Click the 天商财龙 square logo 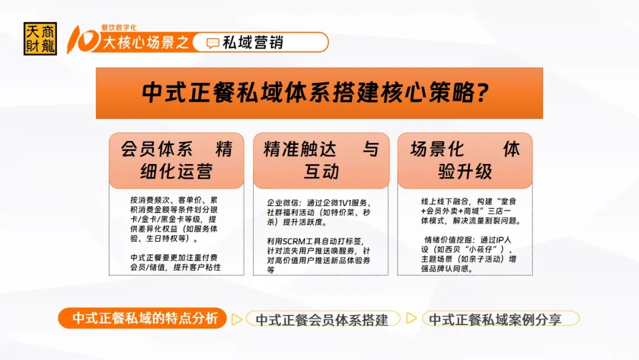[40, 38]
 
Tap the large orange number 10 [83, 40]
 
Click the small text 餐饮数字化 [119, 27]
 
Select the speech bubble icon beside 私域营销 [213, 43]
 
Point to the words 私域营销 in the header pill [253, 43]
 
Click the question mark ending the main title [483, 92]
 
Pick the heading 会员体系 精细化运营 [176, 160]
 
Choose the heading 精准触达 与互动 [321, 160]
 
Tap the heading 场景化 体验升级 [465, 160]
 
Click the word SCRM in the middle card [294, 242]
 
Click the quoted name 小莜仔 [480, 249]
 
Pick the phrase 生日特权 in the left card [162, 239]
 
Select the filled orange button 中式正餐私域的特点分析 [142, 318]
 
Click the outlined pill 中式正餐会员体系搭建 [323, 319]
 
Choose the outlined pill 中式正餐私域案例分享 [501, 319]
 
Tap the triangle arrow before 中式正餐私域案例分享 [411, 318]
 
